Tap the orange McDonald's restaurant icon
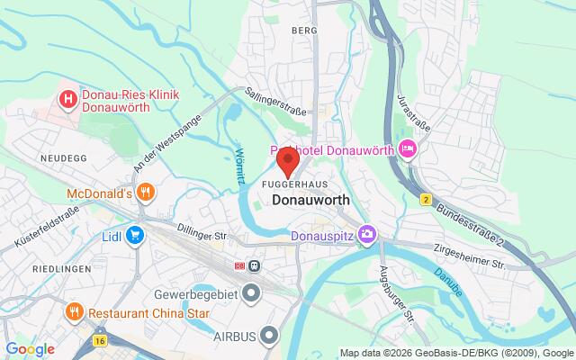[x=148, y=192]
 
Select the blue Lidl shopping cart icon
[x=136, y=235]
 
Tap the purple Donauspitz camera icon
[x=367, y=236]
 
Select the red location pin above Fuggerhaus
[x=288, y=162]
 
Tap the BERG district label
[x=306, y=30]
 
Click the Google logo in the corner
[x=30, y=348]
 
